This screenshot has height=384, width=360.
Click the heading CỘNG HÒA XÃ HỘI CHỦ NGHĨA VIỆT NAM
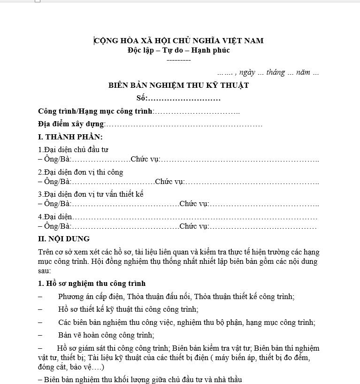pyautogui.click(x=179, y=41)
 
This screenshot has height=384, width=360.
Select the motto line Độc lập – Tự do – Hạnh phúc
pyautogui.click(x=179, y=51)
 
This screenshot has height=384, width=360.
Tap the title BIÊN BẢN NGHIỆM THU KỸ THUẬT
pyautogui.click(x=179, y=85)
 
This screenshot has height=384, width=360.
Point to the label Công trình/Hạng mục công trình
pyautogui.click(x=96, y=112)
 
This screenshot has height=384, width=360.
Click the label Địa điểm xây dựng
pyautogui.click(x=71, y=124)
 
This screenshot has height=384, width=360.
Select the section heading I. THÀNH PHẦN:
pyautogui.click(x=70, y=137)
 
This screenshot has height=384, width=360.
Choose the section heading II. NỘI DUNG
pyautogui.click(x=64, y=238)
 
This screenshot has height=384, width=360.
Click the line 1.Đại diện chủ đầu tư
pyautogui.click(x=73, y=150)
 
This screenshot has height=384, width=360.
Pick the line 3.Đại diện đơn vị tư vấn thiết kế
pyautogui.click(x=91, y=194)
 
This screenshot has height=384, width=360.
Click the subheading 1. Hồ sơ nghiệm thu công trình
pyautogui.click(x=92, y=284)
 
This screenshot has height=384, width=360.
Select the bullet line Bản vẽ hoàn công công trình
pyautogui.click(x=107, y=336)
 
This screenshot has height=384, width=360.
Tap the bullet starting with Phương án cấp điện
pyautogui.click(x=176, y=297)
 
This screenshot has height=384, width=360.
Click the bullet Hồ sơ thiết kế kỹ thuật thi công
pyautogui.click(x=128, y=309)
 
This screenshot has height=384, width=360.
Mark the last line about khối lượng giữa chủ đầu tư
pyautogui.click(x=140, y=380)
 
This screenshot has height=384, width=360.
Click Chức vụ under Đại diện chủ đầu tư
pyautogui.click(x=145, y=160)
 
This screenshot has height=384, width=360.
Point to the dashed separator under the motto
pyautogui.click(x=179, y=61)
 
